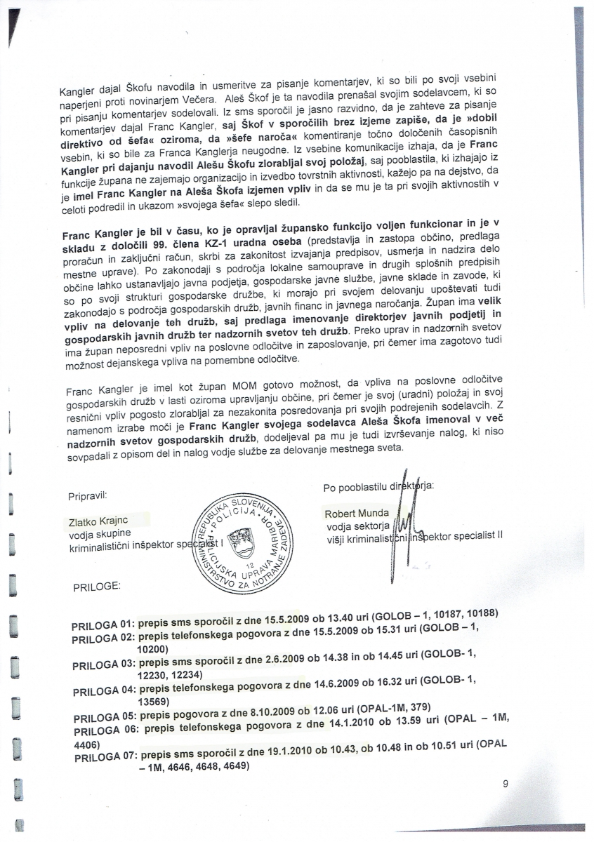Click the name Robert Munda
pos(357,513)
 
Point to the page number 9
pos(506,785)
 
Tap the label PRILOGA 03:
pos(104,663)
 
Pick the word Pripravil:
pos(88,495)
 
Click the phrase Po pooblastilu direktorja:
pos(379,486)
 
